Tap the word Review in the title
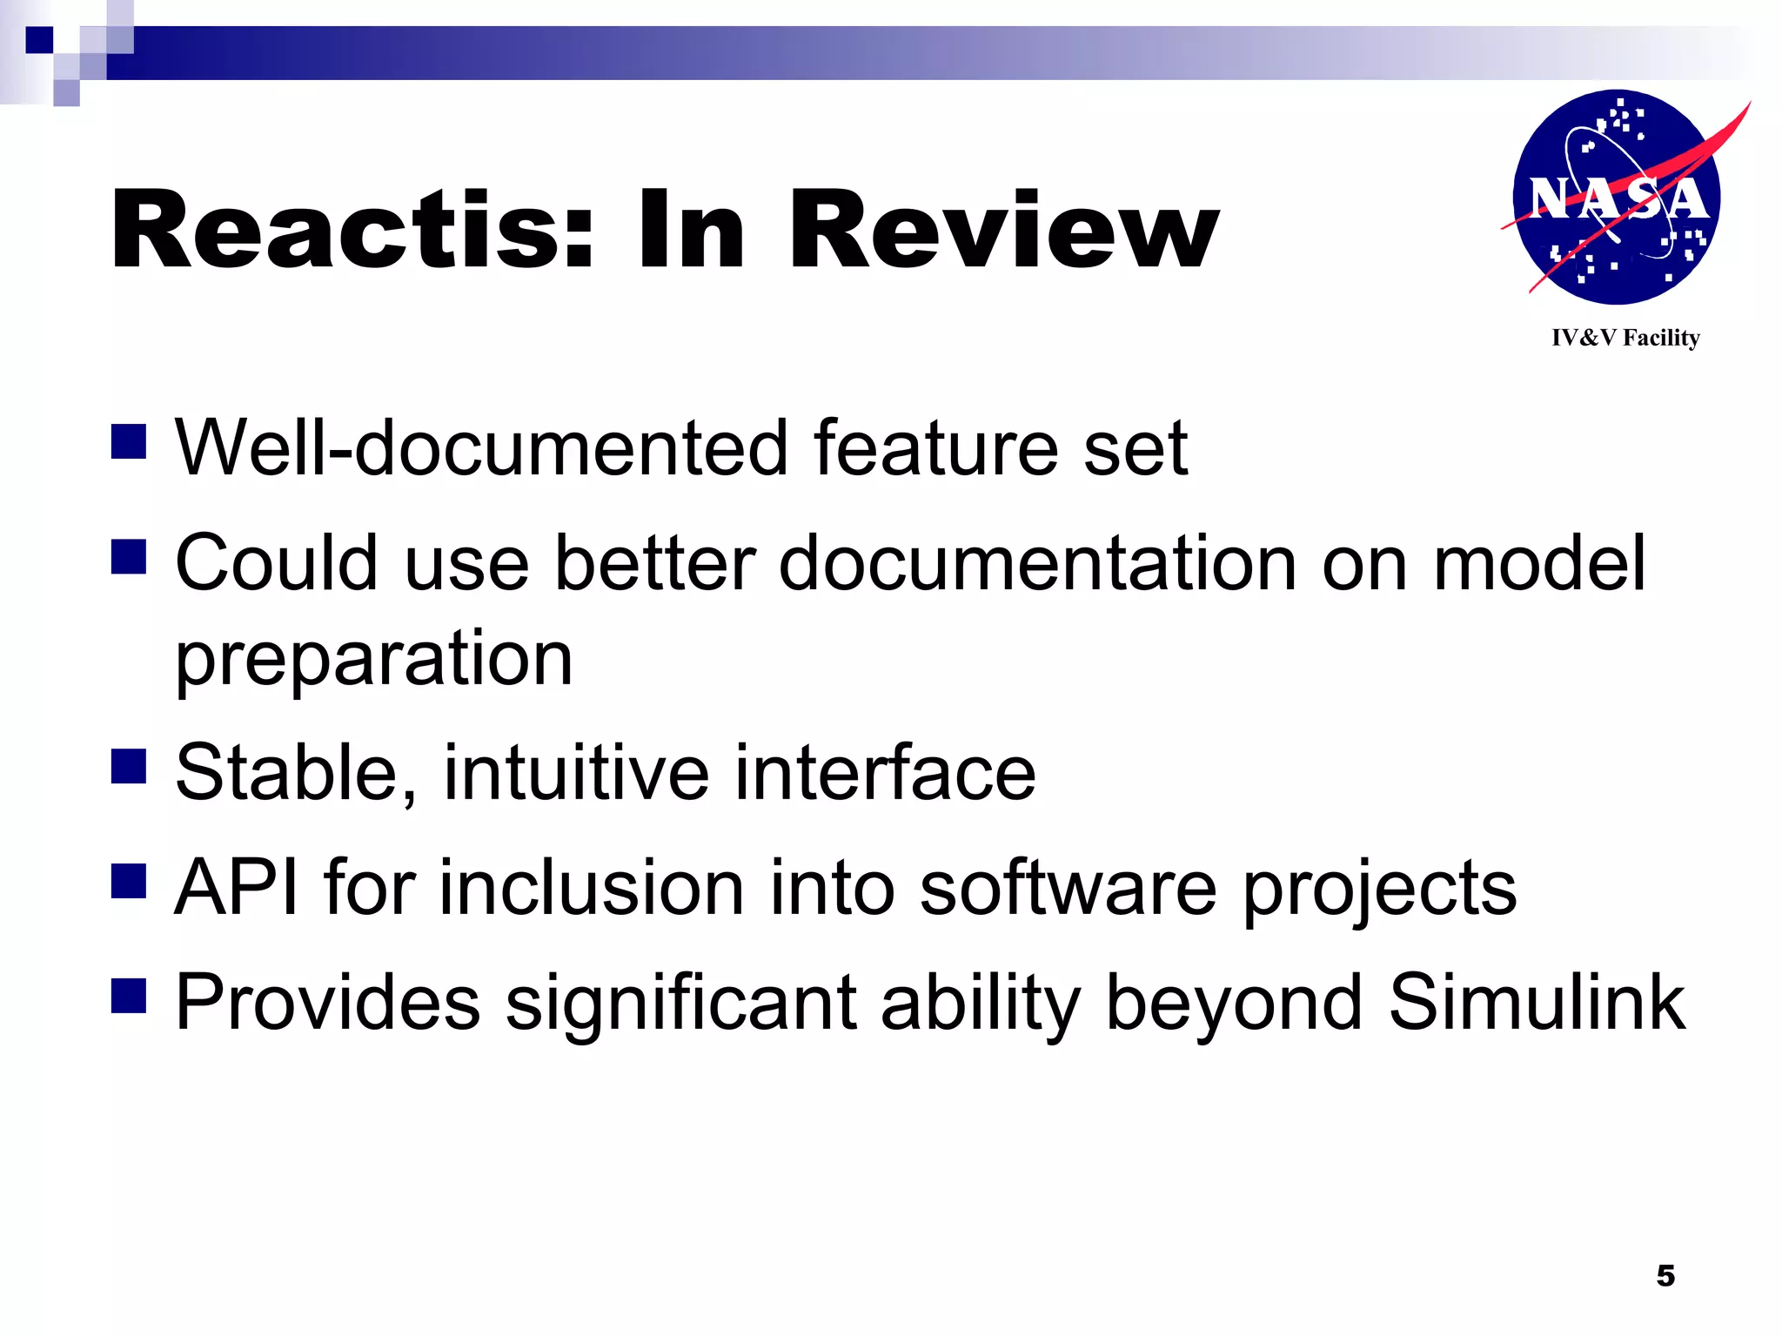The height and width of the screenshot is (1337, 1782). (1002, 231)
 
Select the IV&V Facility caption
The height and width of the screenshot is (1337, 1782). (1625, 338)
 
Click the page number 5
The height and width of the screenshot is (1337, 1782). (1665, 1276)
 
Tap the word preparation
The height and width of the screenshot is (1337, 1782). (374, 660)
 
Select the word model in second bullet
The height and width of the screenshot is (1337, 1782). (1538, 564)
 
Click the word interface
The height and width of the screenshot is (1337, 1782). (885, 773)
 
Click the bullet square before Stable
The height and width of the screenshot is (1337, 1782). (129, 767)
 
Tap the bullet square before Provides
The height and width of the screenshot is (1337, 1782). (129, 996)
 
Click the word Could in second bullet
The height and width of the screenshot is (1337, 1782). (278, 564)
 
